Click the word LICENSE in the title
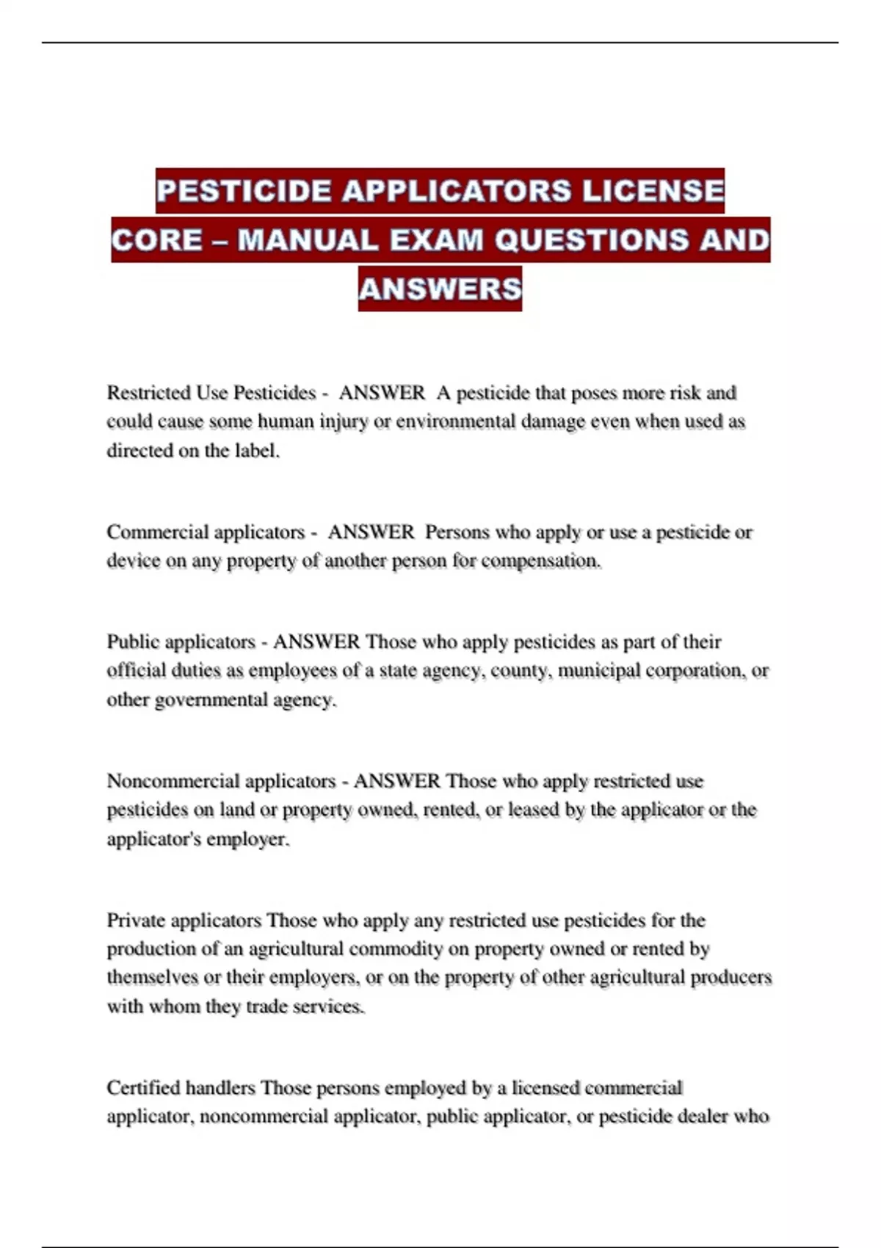point(653,191)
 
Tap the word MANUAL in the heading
point(308,240)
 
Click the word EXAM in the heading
point(437,240)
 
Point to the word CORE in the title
point(156,240)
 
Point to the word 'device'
point(133,561)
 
